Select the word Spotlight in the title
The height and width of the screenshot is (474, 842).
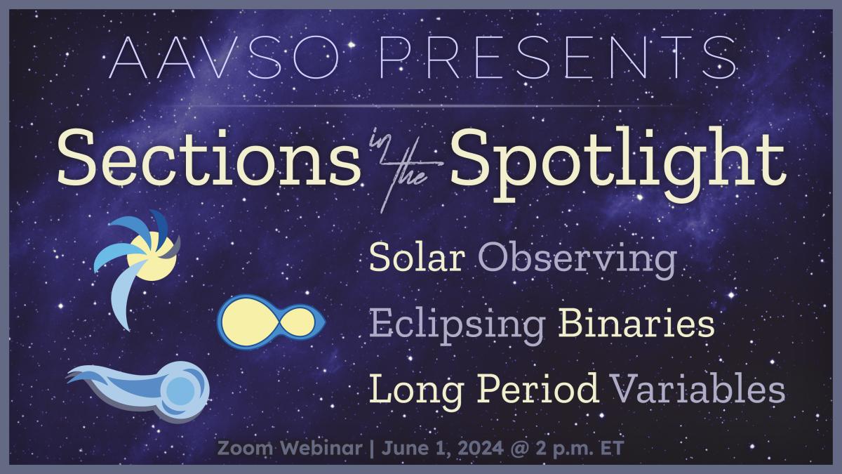(617, 158)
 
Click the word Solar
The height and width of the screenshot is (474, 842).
(417, 261)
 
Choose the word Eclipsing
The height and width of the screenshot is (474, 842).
(457, 327)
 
